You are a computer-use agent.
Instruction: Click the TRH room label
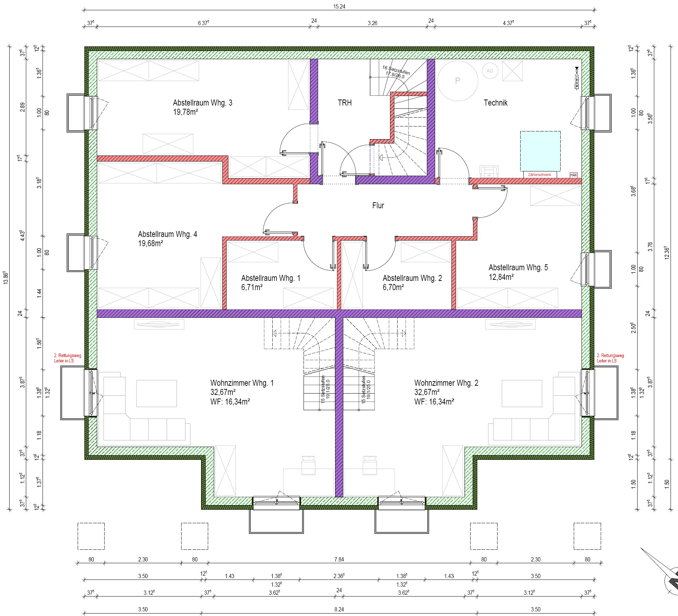(x=344, y=103)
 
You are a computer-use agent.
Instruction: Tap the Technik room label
(x=495, y=103)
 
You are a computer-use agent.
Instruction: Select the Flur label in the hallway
(x=378, y=205)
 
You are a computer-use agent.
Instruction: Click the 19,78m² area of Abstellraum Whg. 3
(x=185, y=112)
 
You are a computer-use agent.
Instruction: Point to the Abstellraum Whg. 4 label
(x=167, y=234)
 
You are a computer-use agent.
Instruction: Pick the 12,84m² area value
(x=501, y=277)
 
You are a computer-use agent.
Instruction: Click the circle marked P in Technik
(x=457, y=81)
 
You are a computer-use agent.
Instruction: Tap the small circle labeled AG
(x=490, y=71)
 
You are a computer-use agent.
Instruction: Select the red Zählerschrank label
(x=539, y=175)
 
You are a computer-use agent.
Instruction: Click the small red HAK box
(x=573, y=175)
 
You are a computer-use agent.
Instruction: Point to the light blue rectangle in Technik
(x=540, y=151)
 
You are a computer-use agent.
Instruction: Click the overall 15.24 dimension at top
(x=339, y=6)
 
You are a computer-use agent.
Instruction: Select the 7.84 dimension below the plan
(x=339, y=560)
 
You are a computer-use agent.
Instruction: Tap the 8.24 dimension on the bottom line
(x=339, y=610)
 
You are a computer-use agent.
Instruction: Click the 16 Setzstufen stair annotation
(x=396, y=70)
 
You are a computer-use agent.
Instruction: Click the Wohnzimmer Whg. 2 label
(x=446, y=383)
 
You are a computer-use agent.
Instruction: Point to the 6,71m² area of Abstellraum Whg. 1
(x=252, y=287)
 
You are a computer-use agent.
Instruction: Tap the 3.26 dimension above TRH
(x=372, y=23)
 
